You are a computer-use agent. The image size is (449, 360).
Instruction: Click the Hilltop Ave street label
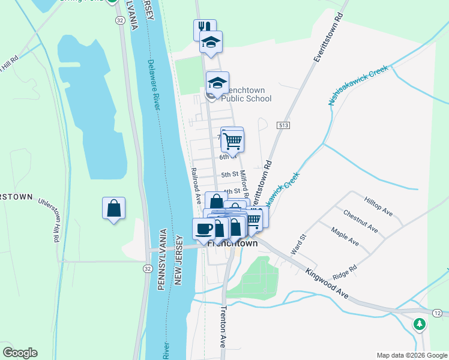(x=378, y=205)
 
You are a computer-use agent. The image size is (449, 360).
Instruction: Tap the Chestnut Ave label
(x=360, y=220)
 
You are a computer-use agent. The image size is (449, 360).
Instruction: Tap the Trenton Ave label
(x=222, y=327)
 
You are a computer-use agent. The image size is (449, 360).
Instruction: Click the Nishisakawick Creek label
(x=358, y=86)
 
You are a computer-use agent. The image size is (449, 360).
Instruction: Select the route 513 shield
(x=283, y=125)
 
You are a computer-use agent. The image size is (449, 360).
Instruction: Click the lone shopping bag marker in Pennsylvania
(x=113, y=209)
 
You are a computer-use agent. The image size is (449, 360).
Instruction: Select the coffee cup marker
(x=203, y=229)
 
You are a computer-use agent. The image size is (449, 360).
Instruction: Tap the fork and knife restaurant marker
(x=204, y=28)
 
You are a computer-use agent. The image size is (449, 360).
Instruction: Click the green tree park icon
(x=420, y=325)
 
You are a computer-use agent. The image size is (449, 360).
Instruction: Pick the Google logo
(x=20, y=353)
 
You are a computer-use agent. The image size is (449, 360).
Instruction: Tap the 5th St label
(x=230, y=175)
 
